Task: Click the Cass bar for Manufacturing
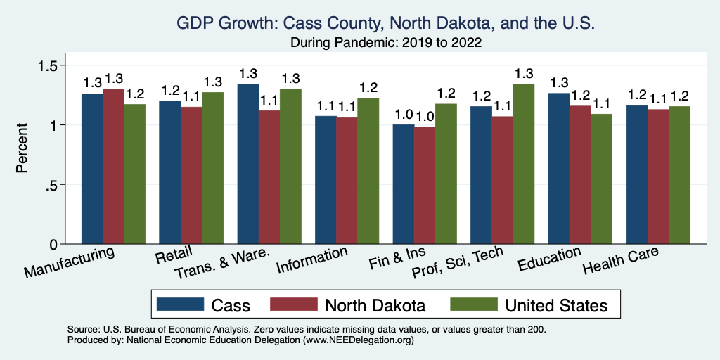pyautogui.click(x=92, y=169)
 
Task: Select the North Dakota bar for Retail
pyautogui.click(x=191, y=176)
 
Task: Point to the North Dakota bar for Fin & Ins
pyautogui.click(x=425, y=186)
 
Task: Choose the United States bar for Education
pyautogui.click(x=601, y=179)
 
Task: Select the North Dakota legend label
pyautogui.click(x=374, y=304)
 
